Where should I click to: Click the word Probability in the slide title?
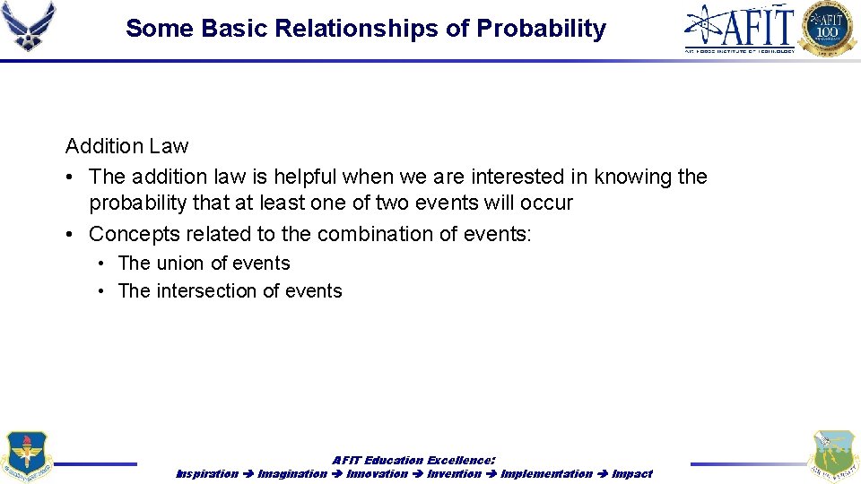point(541,29)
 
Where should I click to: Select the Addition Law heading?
point(126,146)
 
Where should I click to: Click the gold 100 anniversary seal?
point(828,29)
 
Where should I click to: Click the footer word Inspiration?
point(207,473)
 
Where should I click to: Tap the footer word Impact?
point(632,473)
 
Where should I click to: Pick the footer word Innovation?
point(377,473)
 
